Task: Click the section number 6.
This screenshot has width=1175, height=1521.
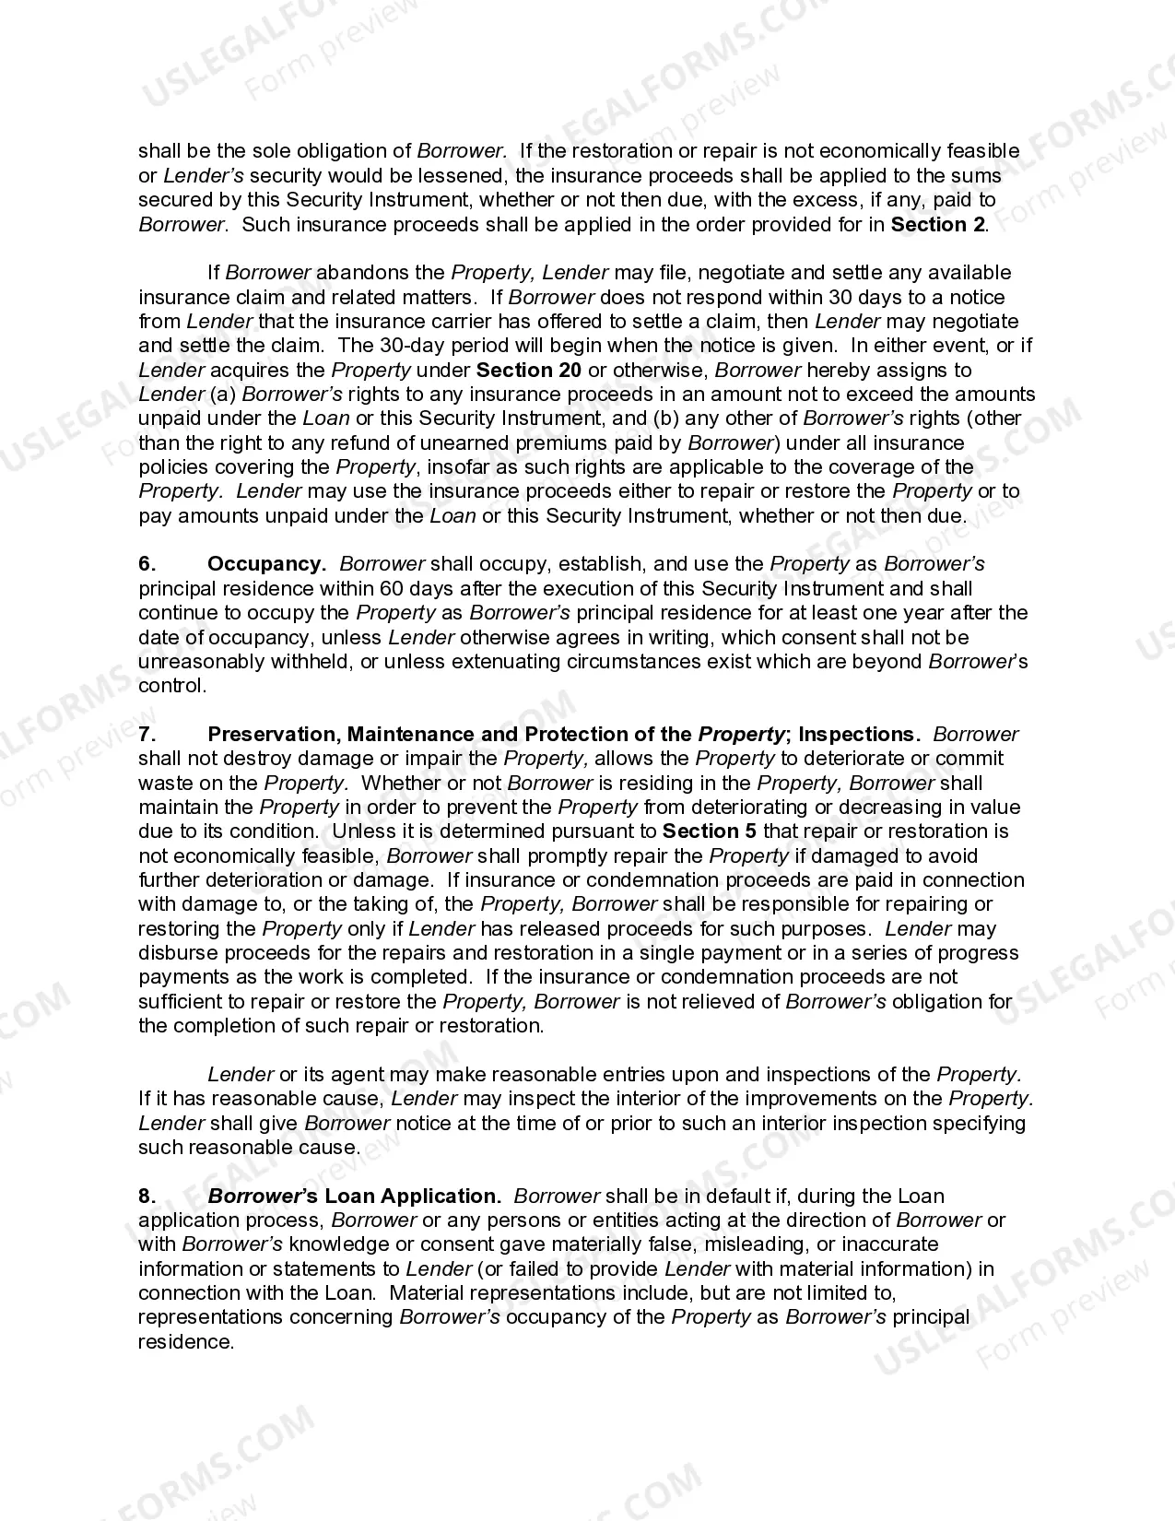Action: [147, 564]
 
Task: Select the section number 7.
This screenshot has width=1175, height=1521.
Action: [147, 735]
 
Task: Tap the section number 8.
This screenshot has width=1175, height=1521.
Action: [147, 1197]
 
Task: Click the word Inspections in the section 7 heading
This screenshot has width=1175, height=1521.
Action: [858, 735]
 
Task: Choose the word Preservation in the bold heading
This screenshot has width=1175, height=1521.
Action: [262, 735]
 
